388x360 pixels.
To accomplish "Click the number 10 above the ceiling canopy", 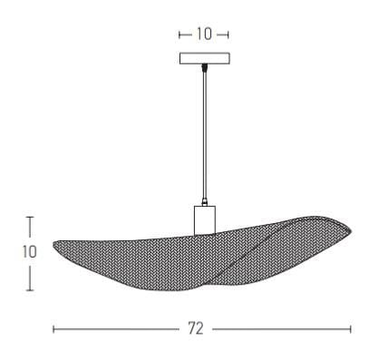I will pyautogui.click(x=204, y=34).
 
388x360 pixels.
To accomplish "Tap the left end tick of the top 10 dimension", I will pyautogui.click(x=180, y=34).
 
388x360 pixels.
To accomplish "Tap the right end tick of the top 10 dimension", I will pyautogui.click(x=228, y=34).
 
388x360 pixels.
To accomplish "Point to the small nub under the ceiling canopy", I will pyautogui.click(x=204, y=69).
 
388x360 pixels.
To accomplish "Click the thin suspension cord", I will pyautogui.click(x=204, y=136).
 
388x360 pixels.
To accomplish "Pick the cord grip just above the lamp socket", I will pyautogui.click(x=205, y=202).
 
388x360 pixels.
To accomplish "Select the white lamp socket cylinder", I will pyautogui.click(x=205, y=219).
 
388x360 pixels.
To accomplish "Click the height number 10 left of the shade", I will pyautogui.click(x=30, y=253).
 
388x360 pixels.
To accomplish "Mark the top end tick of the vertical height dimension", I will pyautogui.click(x=30, y=218).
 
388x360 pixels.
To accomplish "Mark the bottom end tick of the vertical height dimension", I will pyautogui.click(x=30, y=290).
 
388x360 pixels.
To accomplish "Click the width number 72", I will pyautogui.click(x=195, y=329).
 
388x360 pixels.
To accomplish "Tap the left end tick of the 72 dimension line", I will pyautogui.click(x=54, y=329).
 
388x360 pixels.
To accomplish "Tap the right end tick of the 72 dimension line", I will pyautogui.click(x=350, y=329).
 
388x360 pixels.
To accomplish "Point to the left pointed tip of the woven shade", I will pyautogui.click(x=54, y=244).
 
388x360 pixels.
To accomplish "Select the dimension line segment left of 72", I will pyautogui.click(x=118, y=329).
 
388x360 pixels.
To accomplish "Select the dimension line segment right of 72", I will pyautogui.click(x=281, y=329).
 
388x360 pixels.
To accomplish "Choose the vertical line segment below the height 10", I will pyautogui.click(x=30, y=277).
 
